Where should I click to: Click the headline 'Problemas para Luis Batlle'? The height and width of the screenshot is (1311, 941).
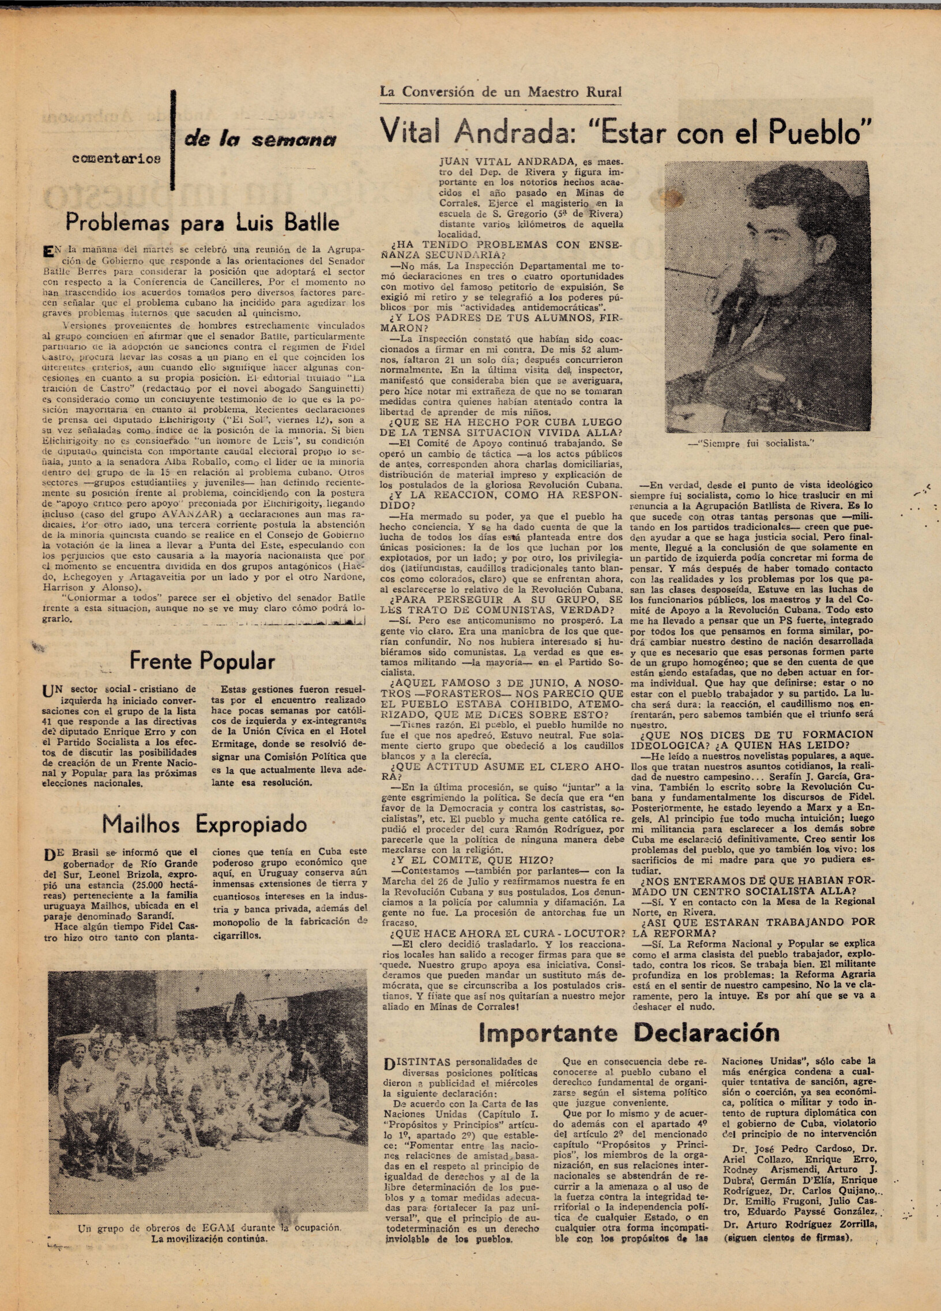[x=202, y=223]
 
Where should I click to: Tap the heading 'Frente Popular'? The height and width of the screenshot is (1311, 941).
[x=202, y=662]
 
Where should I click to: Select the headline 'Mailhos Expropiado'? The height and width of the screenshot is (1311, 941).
[x=204, y=824]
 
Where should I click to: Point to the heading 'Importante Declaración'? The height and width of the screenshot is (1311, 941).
[x=629, y=1032]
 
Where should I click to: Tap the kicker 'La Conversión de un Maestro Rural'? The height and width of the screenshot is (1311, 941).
[x=500, y=92]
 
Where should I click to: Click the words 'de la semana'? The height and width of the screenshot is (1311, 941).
[x=260, y=140]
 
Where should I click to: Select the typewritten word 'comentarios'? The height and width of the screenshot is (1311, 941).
[x=116, y=159]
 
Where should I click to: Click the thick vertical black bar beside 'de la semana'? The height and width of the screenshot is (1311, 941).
[x=173, y=140]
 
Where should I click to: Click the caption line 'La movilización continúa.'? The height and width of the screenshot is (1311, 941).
[x=209, y=1239]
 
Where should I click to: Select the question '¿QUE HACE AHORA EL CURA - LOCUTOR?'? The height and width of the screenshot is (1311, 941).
[x=507, y=934]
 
